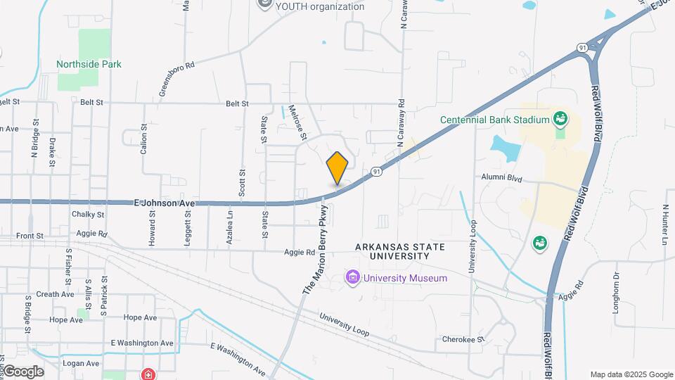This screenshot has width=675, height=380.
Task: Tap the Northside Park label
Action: coord(89,64)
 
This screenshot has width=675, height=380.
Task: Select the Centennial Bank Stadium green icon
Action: coord(560,118)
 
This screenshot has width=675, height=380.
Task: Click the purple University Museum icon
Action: coord(352,278)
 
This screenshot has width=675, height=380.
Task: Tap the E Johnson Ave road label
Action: coord(164,203)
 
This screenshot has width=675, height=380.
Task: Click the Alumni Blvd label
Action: coord(503,179)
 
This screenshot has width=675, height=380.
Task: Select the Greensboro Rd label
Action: coord(176,77)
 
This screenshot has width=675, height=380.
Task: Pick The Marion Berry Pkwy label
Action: coord(316,251)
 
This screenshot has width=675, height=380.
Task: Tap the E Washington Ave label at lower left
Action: coord(142,343)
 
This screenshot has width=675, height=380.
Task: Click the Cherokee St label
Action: coord(463,338)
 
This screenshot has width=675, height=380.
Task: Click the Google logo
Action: coord(22,371)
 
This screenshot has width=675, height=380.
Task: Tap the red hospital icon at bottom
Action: coord(148,374)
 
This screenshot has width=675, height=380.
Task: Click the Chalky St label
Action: coord(88,214)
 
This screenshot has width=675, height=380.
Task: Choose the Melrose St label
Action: coord(299,118)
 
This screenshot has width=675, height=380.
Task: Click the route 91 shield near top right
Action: coord(582,47)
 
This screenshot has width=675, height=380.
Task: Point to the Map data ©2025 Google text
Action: coord(631,374)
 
